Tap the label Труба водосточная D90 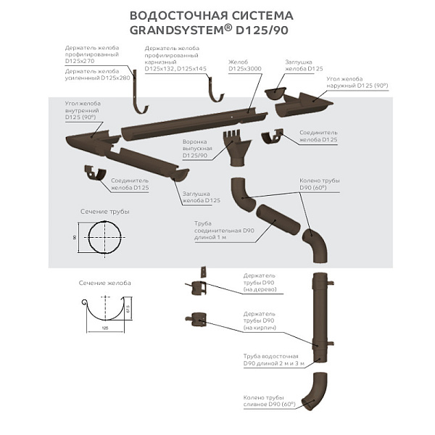[x=271, y=360]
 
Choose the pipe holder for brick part [x=198, y=319]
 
